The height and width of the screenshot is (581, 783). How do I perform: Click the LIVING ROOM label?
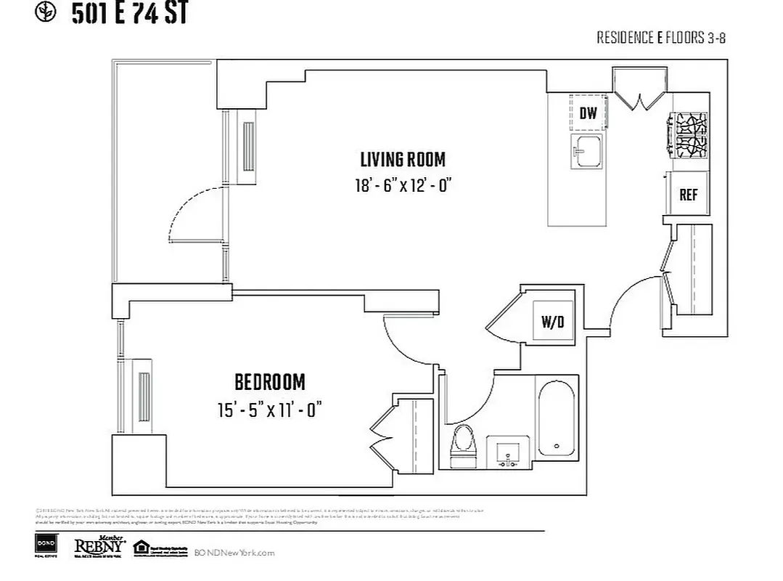click(403, 159)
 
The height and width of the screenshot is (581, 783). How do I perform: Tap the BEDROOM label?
click(269, 382)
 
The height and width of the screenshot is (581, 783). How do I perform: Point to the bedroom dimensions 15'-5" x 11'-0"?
click(268, 410)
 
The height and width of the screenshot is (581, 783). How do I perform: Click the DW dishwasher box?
click(588, 113)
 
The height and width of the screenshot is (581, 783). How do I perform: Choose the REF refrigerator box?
click(688, 195)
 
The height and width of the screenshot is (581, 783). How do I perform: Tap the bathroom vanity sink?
click(507, 453)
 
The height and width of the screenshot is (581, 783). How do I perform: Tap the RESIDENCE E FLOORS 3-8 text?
click(660, 38)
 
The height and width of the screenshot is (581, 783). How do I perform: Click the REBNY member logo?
click(100, 546)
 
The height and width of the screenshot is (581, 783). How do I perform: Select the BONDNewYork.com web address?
click(234, 553)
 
